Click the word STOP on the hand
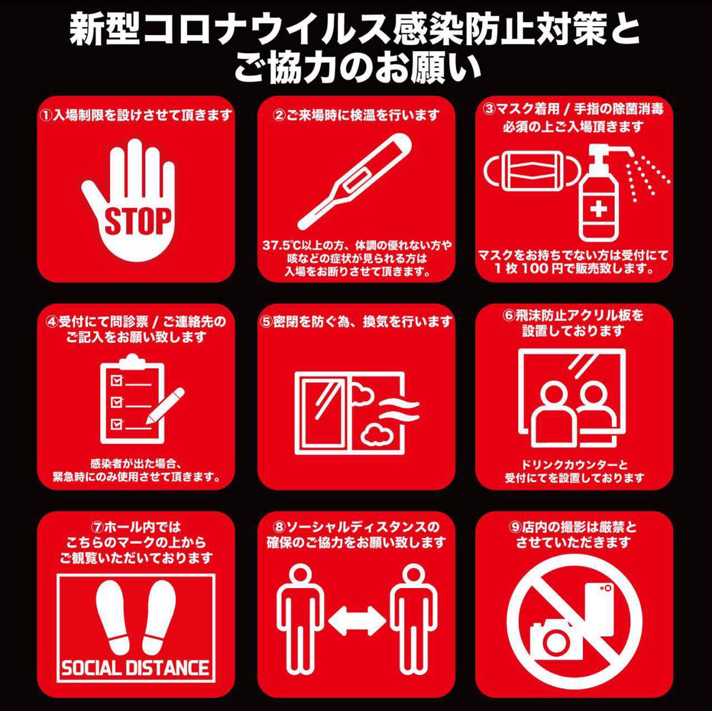(138, 221)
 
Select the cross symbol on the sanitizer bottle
(598, 210)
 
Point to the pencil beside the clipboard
(164, 406)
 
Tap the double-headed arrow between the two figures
(357, 621)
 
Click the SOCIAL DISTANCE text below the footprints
(135, 668)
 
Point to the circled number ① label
(46, 115)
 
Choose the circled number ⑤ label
(265, 322)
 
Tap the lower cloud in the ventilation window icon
(376, 433)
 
